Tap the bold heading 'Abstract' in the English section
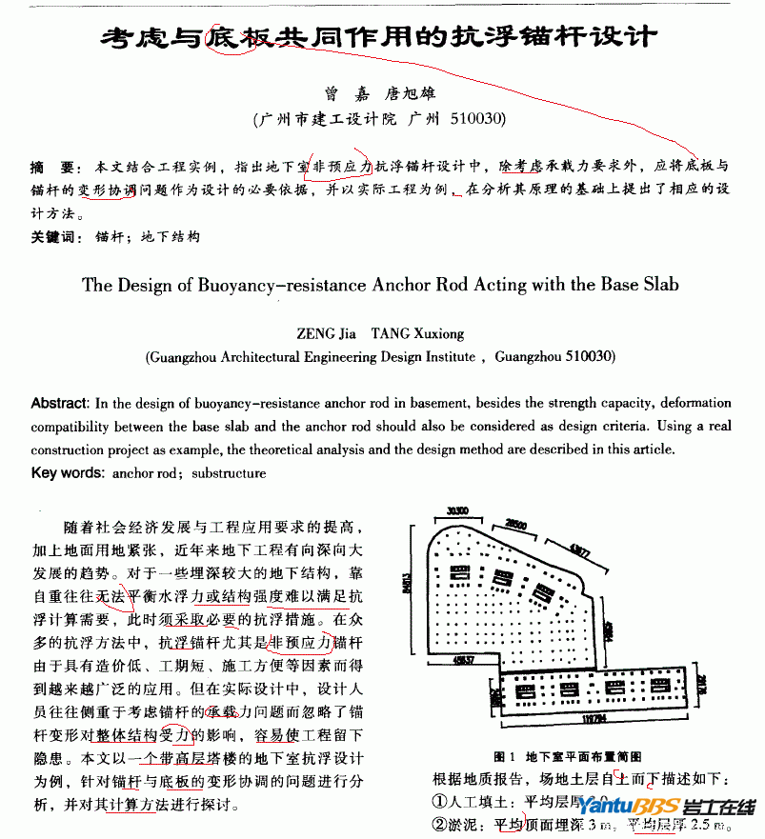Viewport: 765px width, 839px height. pos(61,403)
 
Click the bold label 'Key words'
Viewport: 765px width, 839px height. pos(68,473)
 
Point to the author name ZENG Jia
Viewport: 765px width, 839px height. pos(327,334)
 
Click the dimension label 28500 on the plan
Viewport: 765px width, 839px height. pos(516,525)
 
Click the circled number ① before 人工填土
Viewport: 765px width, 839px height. pos(440,802)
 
